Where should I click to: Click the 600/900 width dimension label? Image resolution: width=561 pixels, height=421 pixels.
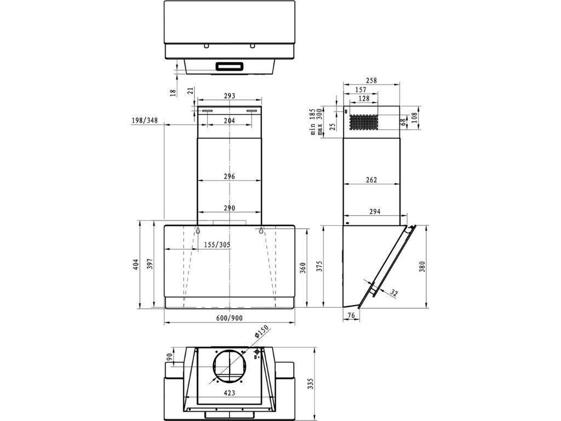pyautogui.click(x=229, y=318)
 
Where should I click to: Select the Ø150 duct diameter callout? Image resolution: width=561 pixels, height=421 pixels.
pyautogui.click(x=261, y=334)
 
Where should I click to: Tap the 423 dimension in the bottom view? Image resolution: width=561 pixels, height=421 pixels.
pyautogui.click(x=229, y=392)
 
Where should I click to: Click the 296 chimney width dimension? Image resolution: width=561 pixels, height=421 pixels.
pyautogui.click(x=229, y=177)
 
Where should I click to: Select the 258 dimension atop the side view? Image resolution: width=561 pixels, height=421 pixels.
pyautogui.click(x=371, y=81)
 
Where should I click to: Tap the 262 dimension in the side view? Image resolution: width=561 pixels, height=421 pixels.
pyautogui.click(x=371, y=180)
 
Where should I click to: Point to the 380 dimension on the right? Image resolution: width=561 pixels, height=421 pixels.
pyautogui.click(x=422, y=266)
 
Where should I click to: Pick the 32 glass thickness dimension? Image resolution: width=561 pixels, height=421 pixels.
pyautogui.click(x=394, y=293)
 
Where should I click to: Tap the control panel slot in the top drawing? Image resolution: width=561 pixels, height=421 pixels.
pyautogui.click(x=230, y=67)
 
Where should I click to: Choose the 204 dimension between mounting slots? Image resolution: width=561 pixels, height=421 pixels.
pyautogui.click(x=229, y=121)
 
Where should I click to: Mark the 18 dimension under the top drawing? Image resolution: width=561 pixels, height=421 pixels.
pyautogui.click(x=173, y=92)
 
